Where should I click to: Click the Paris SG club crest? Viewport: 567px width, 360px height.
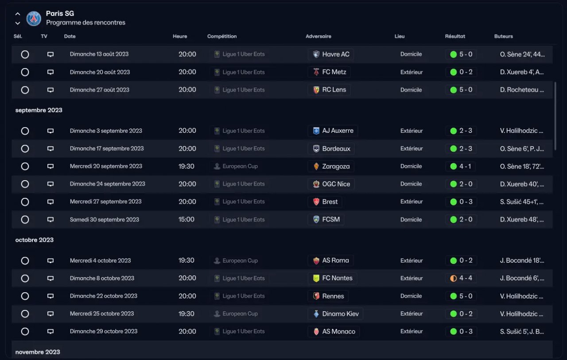pos(34,18)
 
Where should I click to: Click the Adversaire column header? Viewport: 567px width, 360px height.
pos(318,36)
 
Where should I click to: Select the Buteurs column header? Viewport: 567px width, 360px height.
pos(503,36)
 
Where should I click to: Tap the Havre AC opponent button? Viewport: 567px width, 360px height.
pos(330,54)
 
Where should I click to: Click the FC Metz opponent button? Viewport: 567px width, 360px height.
pos(329,72)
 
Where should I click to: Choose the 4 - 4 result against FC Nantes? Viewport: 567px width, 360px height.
pos(461,279)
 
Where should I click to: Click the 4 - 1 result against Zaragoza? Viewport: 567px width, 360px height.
pos(461,166)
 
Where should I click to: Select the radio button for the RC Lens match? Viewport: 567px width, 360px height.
pos(25,90)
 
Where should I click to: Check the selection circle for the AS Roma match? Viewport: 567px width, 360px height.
pos(25,261)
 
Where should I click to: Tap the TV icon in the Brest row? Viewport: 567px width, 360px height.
pos(50,202)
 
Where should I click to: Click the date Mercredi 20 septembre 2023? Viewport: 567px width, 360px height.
pos(106,166)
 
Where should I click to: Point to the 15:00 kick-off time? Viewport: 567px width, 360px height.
pos(186,220)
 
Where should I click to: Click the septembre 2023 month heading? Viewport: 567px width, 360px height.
pos(39,110)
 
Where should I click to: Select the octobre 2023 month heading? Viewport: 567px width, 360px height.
pos(34,240)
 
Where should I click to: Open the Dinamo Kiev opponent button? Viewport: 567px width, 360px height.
pos(335,314)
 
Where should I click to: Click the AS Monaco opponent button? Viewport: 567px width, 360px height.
pos(334,332)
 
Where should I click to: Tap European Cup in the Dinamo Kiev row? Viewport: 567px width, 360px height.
pos(240,314)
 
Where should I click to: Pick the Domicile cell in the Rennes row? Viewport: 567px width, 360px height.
pos(411,296)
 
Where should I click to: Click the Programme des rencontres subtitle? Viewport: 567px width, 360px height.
pos(85,23)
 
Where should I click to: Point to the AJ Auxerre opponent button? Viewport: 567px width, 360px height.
pos(333,131)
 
